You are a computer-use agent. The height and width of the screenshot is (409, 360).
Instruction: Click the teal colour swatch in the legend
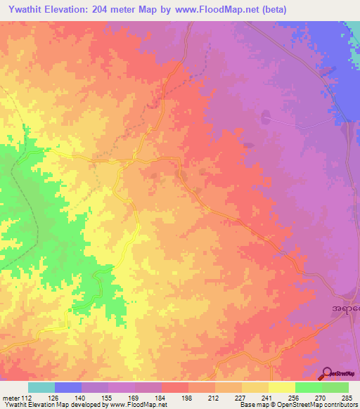click(41, 387)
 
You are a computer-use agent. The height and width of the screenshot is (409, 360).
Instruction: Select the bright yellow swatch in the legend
click(281, 387)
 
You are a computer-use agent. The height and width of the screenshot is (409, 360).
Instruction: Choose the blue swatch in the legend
click(68, 387)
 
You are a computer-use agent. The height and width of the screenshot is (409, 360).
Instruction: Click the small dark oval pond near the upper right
click(266, 116)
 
